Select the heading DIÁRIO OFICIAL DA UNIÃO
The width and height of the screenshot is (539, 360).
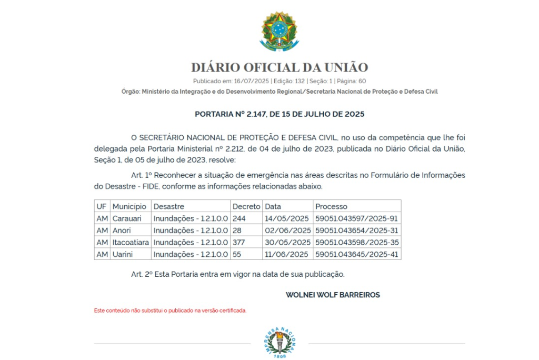point(279,67)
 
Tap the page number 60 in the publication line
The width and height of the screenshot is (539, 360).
point(362,81)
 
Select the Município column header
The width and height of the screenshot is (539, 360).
point(129,206)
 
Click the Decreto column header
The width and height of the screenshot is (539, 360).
point(246,206)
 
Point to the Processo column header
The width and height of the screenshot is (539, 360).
point(331,206)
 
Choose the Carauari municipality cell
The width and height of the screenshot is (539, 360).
point(127,218)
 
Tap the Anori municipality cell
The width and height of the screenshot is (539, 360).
point(122,231)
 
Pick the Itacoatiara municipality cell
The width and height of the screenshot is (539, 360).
point(131,243)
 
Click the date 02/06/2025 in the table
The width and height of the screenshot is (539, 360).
point(287,231)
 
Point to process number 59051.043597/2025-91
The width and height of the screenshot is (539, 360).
point(356,218)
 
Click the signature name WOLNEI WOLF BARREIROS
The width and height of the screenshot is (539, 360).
point(333,295)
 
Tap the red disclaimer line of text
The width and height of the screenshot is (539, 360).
point(170,311)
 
